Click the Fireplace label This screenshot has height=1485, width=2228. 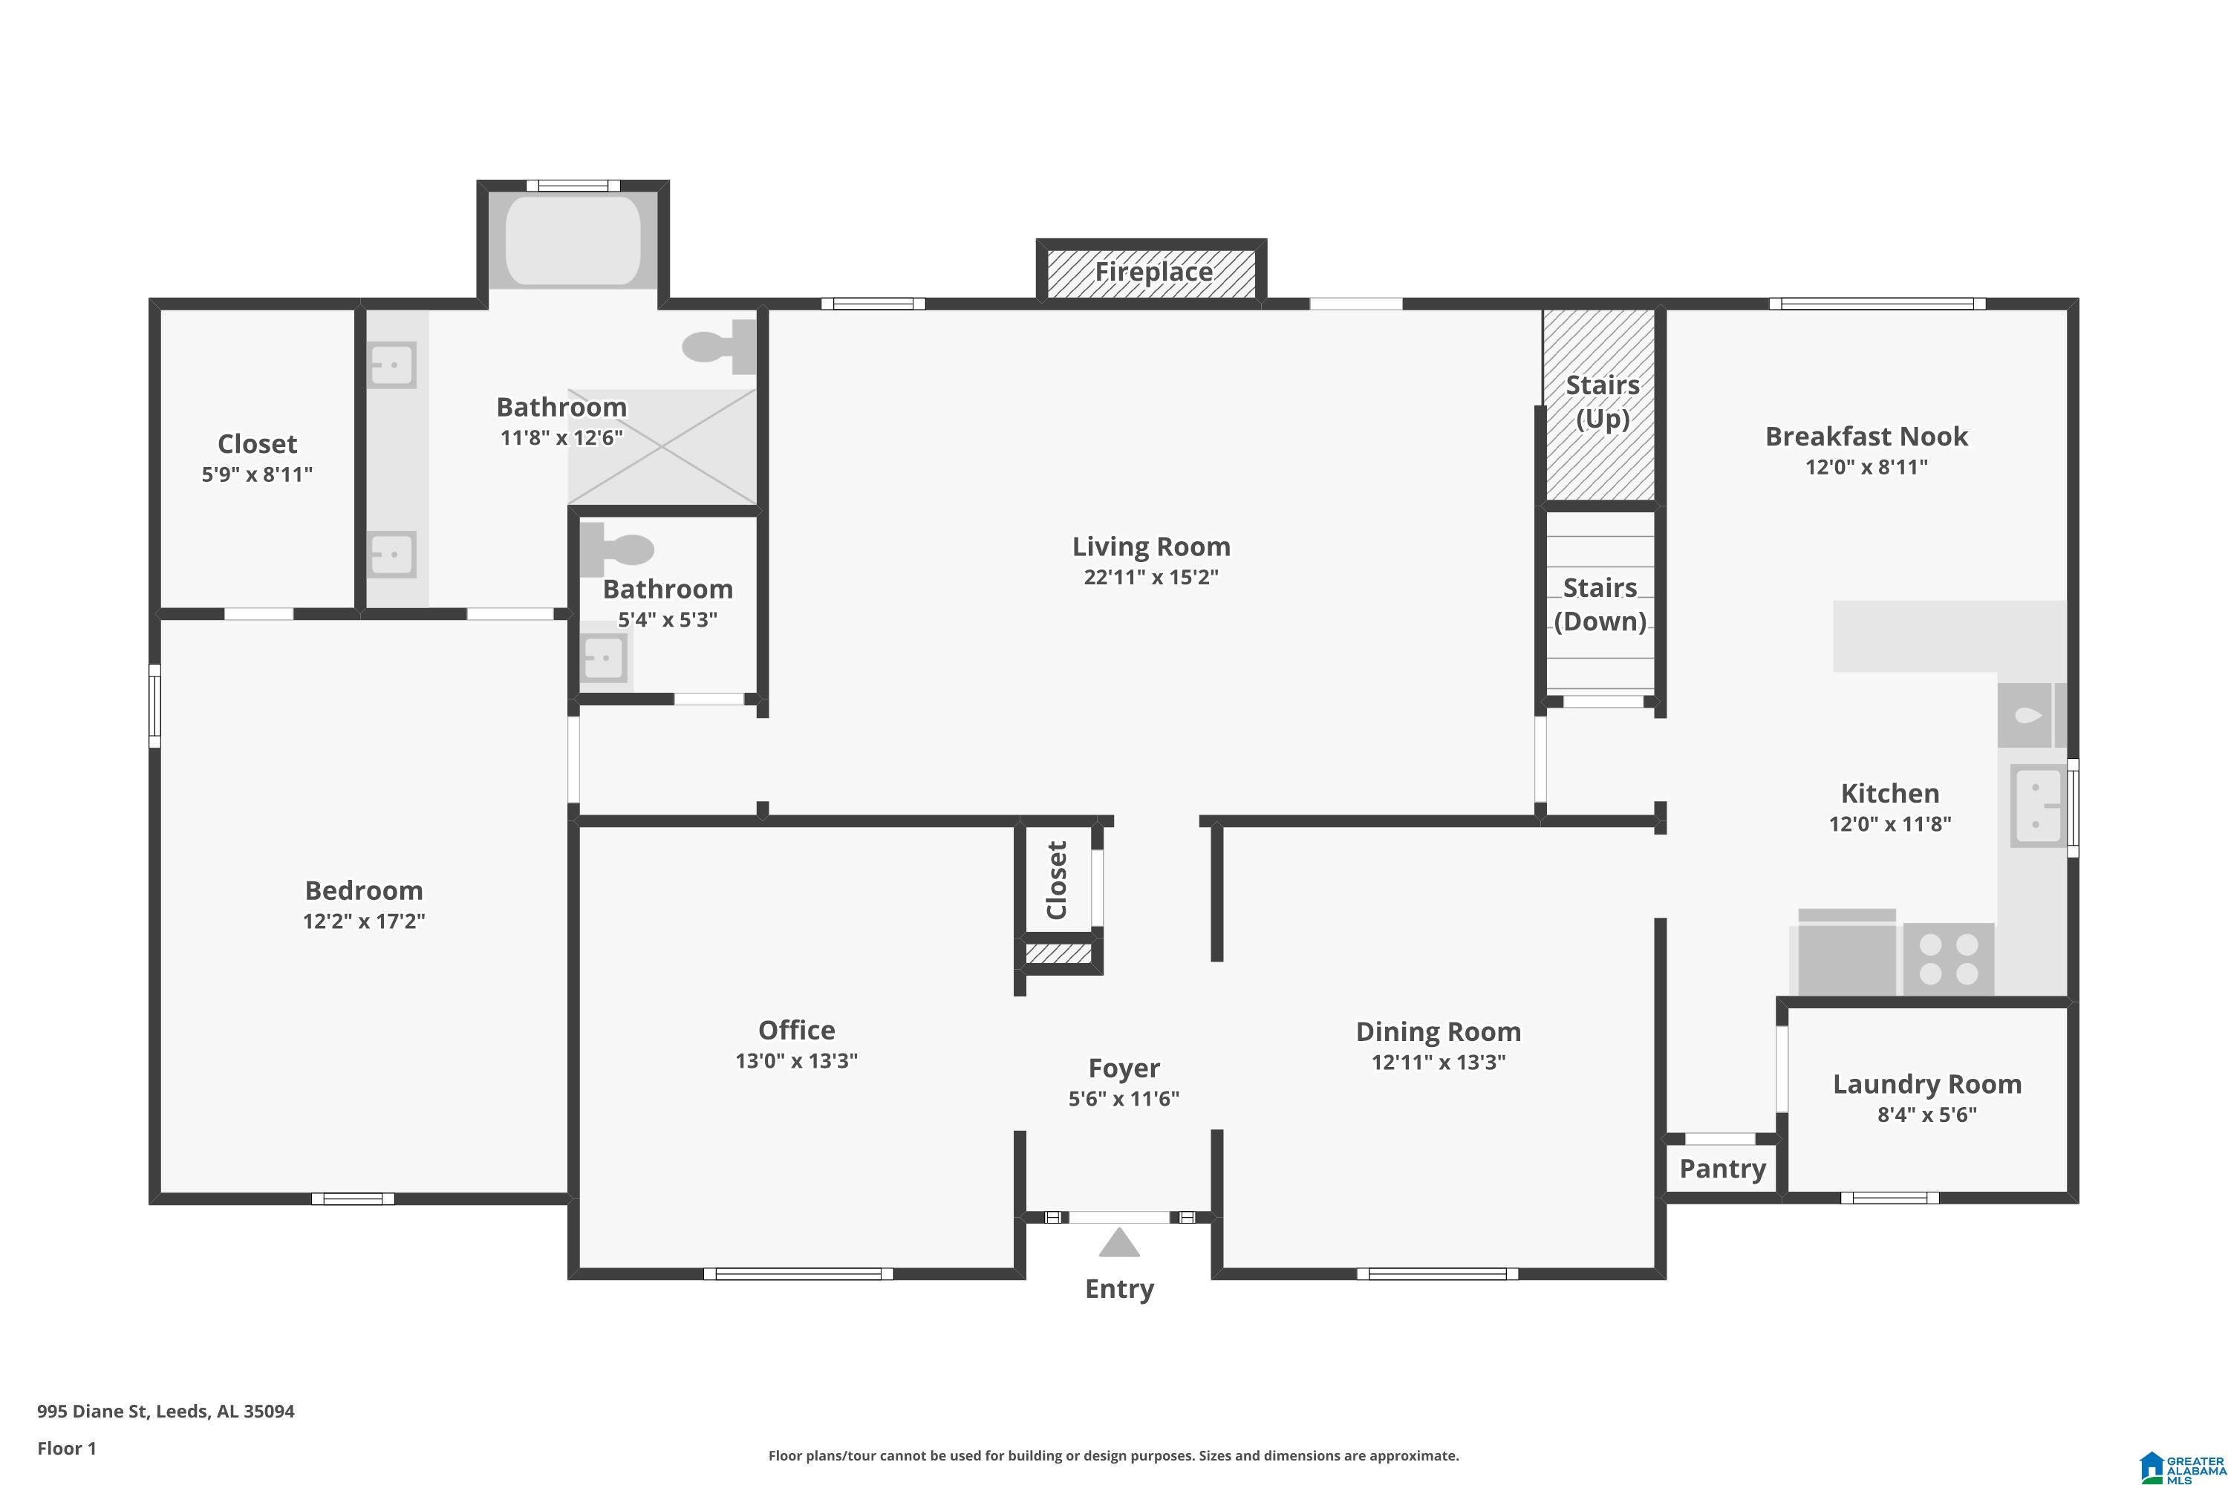(1153, 272)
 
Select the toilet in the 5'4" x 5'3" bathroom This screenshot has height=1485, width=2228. (616, 550)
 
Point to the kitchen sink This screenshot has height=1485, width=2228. (2036, 805)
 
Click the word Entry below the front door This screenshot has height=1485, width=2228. (1120, 1289)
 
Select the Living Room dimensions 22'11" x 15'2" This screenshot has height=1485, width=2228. (1151, 577)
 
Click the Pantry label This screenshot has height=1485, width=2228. (1722, 1169)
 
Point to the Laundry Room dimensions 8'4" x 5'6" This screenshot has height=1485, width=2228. (1926, 1114)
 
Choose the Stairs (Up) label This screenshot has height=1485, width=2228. (1602, 402)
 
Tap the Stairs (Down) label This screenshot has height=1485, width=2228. (1600, 604)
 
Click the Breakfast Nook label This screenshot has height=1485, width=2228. (1866, 437)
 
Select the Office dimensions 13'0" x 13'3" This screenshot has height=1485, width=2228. (797, 1061)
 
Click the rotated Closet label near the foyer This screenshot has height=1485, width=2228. (1056, 880)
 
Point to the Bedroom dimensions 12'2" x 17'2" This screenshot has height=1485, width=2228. (364, 921)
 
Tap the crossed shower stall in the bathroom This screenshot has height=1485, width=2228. (662, 446)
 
